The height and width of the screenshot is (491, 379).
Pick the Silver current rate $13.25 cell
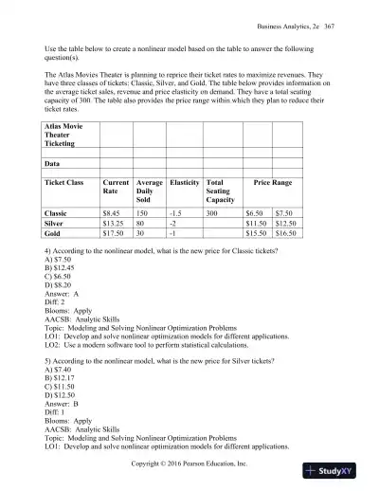(116, 227)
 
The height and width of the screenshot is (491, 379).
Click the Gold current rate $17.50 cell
(116, 238)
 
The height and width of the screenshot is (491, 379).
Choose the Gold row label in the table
(55, 238)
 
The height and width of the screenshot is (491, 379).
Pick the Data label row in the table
(55, 161)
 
